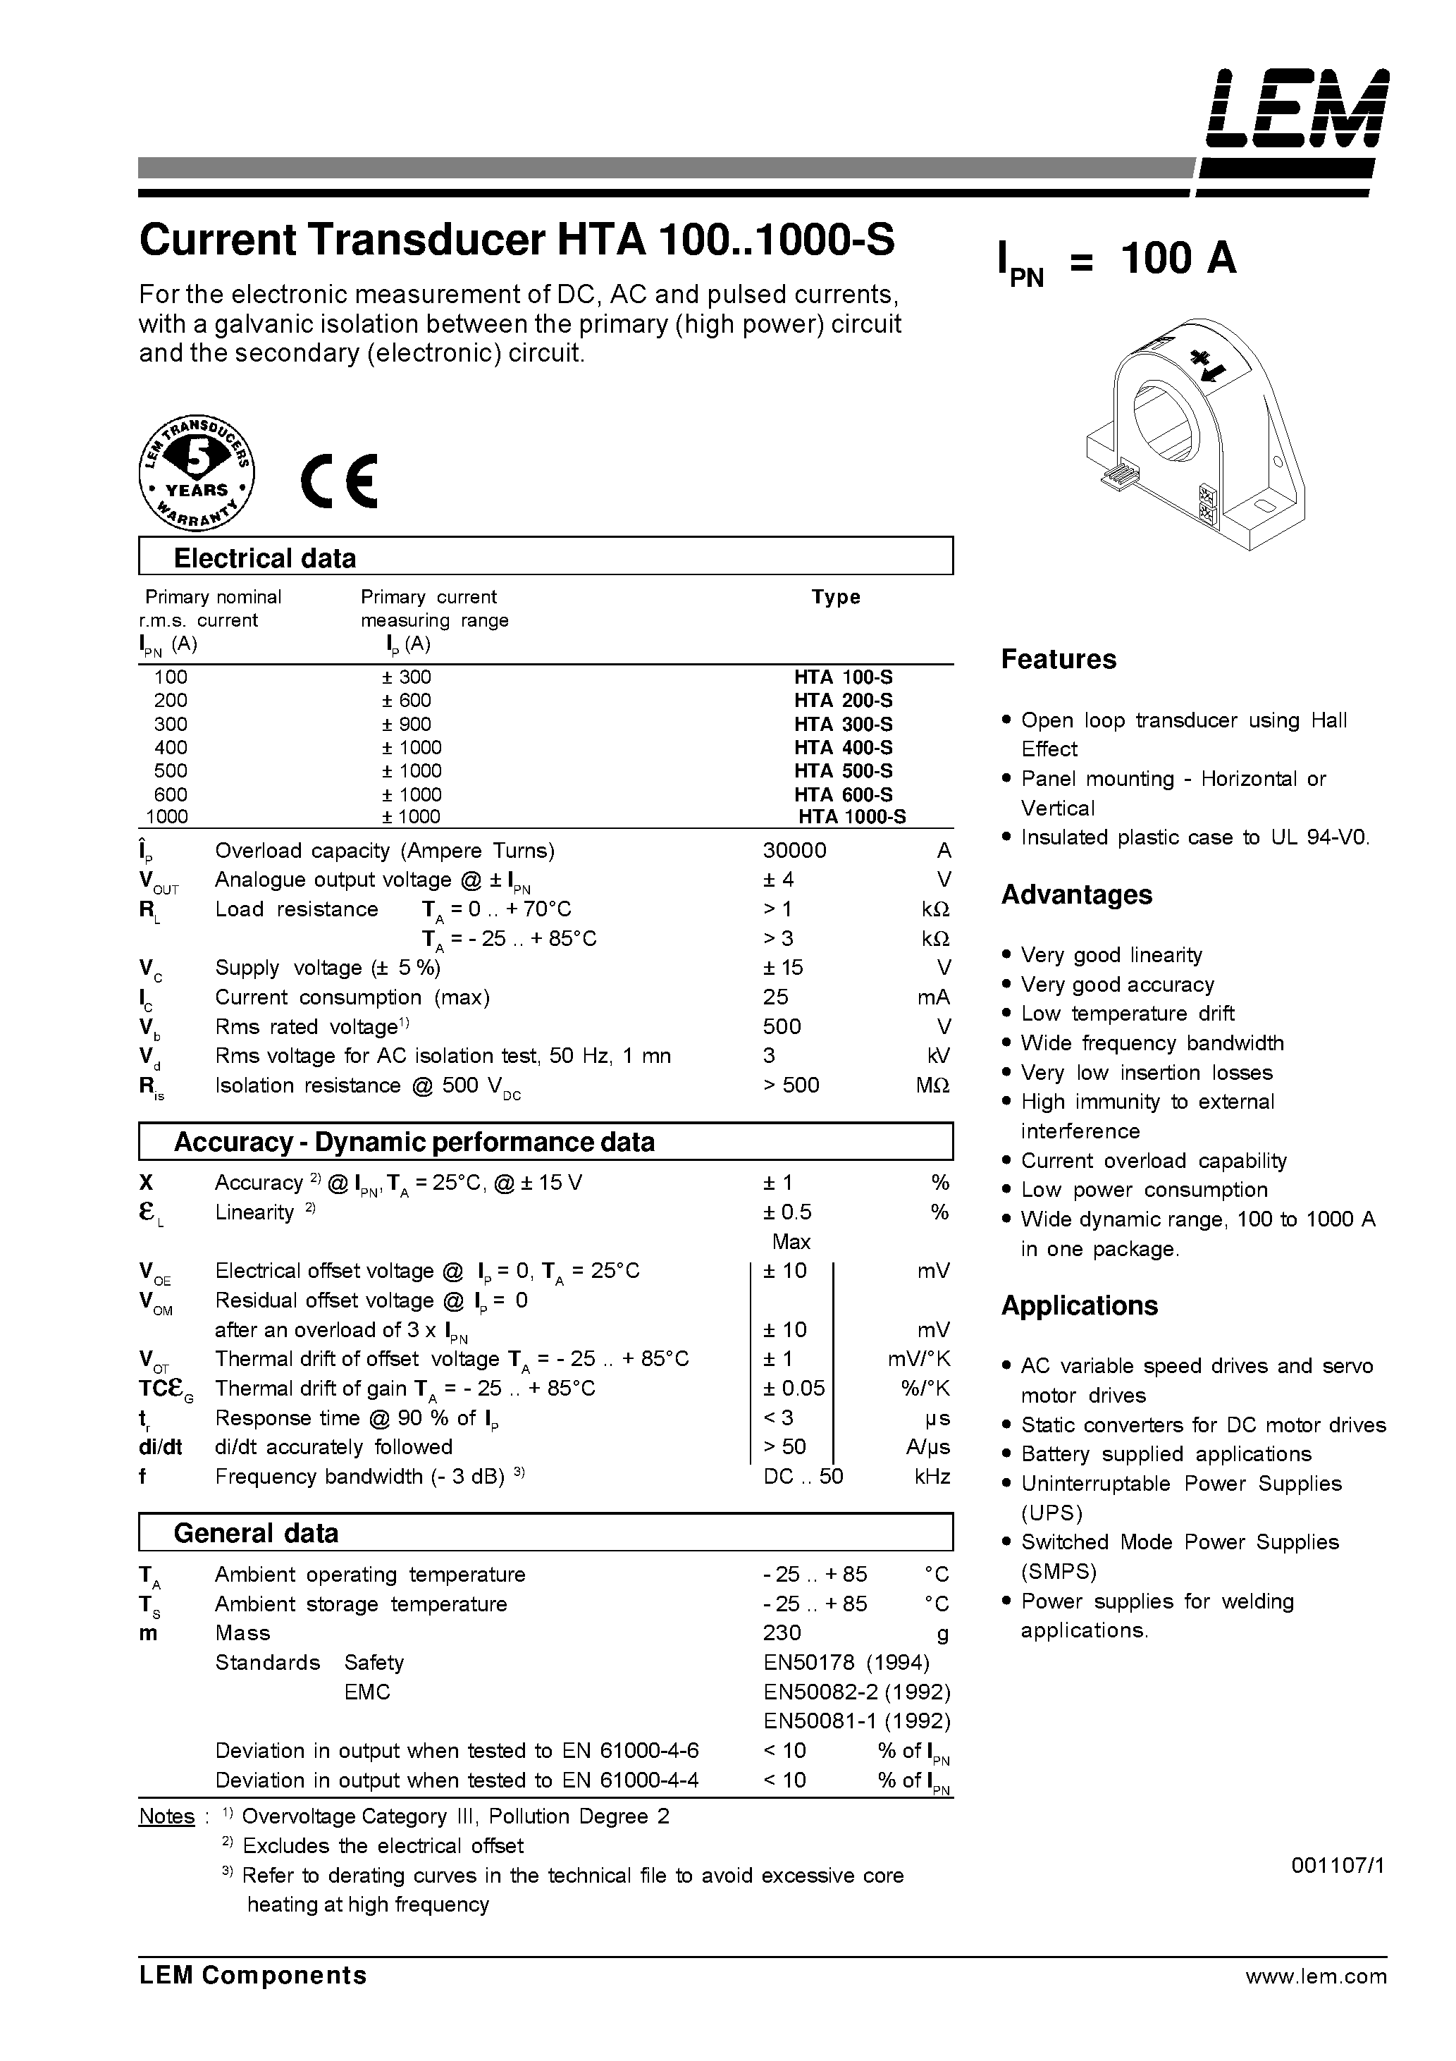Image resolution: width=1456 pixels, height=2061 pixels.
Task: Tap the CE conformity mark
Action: [x=339, y=483]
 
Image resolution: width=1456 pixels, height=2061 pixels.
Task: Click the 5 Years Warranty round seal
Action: [x=197, y=472]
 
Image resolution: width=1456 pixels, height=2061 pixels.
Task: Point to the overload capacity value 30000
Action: [x=794, y=850]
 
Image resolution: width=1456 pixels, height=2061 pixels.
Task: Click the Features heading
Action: [x=1059, y=659]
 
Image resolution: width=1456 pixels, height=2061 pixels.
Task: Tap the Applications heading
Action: [x=1079, y=1305]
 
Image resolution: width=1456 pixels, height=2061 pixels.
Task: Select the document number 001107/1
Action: [x=1338, y=1864]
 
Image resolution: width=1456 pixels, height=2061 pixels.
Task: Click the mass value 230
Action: [x=782, y=1633]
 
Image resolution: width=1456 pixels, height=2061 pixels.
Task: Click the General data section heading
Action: [x=255, y=1533]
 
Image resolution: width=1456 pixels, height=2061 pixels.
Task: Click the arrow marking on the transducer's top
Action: [x=1208, y=364]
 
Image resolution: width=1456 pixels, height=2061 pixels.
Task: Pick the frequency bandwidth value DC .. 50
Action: [x=803, y=1477]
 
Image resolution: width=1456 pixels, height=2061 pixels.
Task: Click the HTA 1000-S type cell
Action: [x=851, y=817]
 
